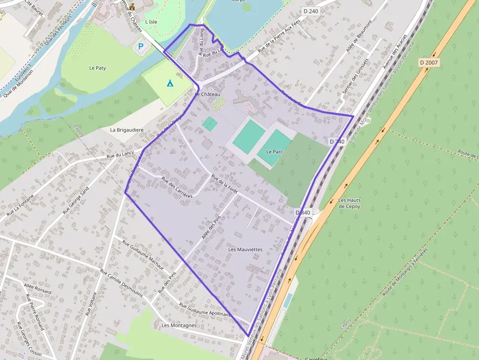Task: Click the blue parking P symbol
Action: pyautogui.click(x=141, y=47)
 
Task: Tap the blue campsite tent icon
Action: pyautogui.click(x=170, y=83)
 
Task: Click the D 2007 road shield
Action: pyautogui.click(x=429, y=63)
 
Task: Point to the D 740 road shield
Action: pyautogui.click(x=337, y=142)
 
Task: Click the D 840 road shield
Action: pyautogui.click(x=303, y=212)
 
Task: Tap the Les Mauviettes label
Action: pyautogui.click(x=245, y=250)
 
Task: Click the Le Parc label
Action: pyautogui.click(x=275, y=152)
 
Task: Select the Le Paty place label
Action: pyautogui.click(x=98, y=68)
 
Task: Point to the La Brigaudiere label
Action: pyautogui.click(x=127, y=130)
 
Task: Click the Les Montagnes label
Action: pyautogui.click(x=179, y=325)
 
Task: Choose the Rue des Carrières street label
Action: pyautogui.click(x=176, y=188)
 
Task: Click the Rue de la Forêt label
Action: pyautogui.click(x=224, y=184)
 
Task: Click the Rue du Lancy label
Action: pyautogui.click(x=120, y=154)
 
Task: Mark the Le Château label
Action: pyautogui.click(x=208, y=94)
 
